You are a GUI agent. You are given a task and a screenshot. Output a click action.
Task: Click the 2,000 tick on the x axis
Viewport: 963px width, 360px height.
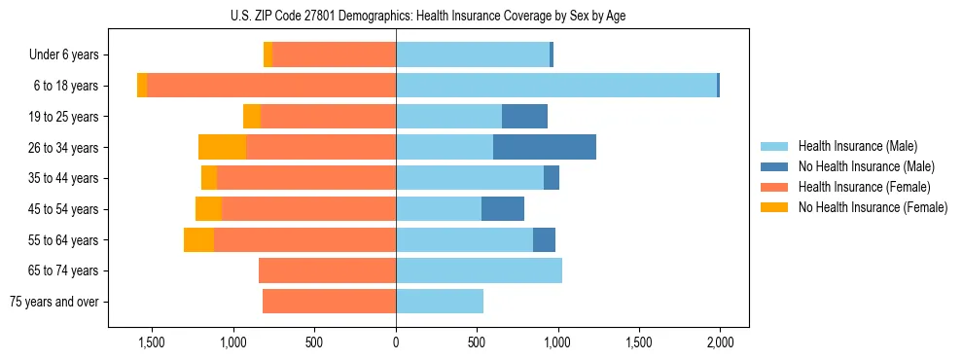point(720,342)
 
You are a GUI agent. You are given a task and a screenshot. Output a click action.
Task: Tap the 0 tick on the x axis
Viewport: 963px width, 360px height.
point(396,342)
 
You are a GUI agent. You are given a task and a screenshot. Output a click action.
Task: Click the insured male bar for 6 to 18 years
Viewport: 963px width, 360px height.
point(556,86)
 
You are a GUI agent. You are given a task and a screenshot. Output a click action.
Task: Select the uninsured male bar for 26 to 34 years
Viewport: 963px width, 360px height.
point(545,147)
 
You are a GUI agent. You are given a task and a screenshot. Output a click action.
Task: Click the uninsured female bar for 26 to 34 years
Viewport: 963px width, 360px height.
point(223,147)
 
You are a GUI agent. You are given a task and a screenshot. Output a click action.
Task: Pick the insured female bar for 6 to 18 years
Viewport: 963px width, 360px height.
point(271,86)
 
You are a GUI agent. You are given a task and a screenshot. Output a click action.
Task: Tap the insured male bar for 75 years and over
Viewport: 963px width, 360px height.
point(440,302)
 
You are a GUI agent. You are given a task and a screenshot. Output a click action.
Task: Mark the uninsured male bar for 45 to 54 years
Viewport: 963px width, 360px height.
point(503,209)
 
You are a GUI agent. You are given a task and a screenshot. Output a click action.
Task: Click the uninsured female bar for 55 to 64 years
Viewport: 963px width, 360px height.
point(198,240)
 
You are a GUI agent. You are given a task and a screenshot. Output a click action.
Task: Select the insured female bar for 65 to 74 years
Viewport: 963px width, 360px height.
point(327,270)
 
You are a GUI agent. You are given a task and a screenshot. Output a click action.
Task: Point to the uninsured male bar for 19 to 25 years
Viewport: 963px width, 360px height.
point(524,117)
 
